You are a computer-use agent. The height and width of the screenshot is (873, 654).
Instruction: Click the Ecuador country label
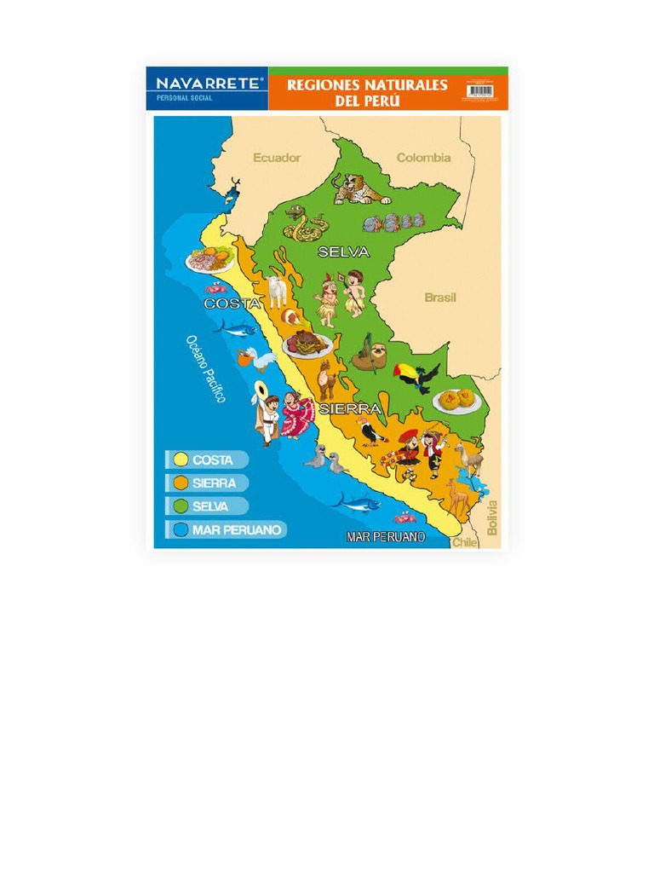click(x=277, y=158)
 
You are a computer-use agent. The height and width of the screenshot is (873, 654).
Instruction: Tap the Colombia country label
click(x=423, y=158)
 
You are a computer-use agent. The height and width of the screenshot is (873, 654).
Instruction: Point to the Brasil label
click(x=440, y=298)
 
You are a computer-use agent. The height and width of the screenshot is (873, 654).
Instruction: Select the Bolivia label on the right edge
click(x=492, y=517)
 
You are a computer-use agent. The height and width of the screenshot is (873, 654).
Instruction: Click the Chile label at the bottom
click(x=465, y=541)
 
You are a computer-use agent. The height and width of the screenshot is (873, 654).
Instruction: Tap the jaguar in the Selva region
click(x=359, y=189)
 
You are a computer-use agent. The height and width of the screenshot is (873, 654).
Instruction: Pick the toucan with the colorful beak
click(x=416, y=375)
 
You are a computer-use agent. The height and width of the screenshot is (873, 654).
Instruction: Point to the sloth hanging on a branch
click(x=368, y=354)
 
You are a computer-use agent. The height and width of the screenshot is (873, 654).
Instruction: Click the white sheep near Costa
click(x=277, y=291)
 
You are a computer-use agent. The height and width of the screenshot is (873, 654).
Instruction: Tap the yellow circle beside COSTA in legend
click(x=181, y=460)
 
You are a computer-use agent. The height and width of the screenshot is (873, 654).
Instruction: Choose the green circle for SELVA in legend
click(x=181, y=506)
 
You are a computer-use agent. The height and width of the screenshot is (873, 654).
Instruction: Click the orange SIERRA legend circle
click(x=181, y=483)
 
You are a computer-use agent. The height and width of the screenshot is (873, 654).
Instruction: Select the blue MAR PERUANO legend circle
click(x=181, y=529)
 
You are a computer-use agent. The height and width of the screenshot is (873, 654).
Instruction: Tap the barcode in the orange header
click(x=480, y=90)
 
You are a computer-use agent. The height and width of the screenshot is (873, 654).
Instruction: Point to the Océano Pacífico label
click(x=205, y=368)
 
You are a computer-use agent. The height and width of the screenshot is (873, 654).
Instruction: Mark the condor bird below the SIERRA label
click(x=371, y=433)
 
